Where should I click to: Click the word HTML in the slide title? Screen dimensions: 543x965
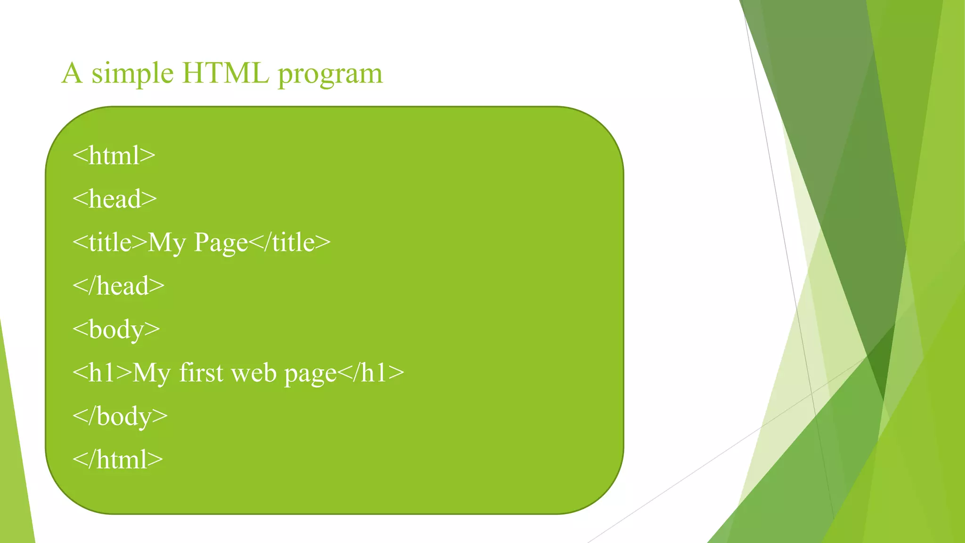click(226, 73)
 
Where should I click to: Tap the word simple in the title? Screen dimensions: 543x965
click(132, 74)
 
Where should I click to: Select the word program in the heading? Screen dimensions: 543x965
click(330, 74)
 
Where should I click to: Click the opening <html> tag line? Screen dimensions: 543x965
click(114, 156)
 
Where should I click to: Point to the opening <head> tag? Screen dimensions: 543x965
click(114, 199)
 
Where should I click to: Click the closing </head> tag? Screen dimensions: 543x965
click(118, 286)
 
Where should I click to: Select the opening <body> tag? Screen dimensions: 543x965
click(116, 329)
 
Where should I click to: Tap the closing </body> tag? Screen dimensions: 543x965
click(120, 416)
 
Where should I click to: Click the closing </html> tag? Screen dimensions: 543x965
click(118, 460)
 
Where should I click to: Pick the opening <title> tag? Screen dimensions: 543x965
click(110, 242)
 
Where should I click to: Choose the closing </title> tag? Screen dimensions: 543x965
click(289, 242)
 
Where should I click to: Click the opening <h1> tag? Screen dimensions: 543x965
click(102, 373)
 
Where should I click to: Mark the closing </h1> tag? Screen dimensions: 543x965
click(371, 373)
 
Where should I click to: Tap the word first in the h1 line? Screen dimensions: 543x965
click(201, 372)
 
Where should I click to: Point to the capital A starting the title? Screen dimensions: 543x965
click(72, 73)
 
